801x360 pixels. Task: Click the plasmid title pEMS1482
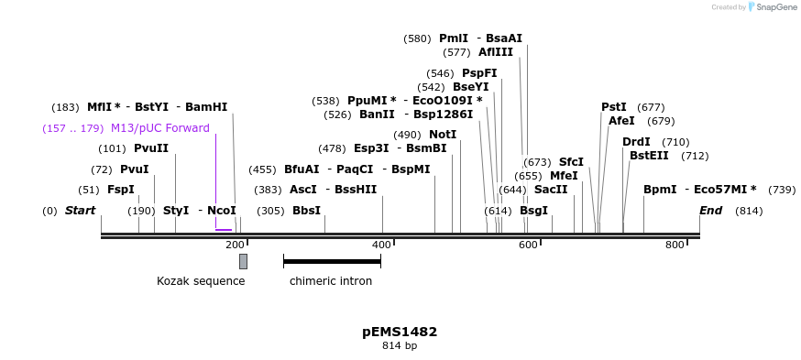tap(400, 332)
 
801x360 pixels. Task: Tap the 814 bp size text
tap(400, 346)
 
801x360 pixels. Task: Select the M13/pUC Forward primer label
tap(159, 128)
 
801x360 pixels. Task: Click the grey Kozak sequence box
tap(243, 261)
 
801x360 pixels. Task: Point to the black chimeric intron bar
tap(332, 262)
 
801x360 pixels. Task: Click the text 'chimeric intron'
tap(331, 281)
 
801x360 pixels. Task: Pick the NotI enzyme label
tap(443, 135)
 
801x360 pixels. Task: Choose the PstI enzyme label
tap(614, 107)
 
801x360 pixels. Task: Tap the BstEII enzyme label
tap(649, 156)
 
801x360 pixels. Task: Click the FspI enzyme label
tap(121, 190)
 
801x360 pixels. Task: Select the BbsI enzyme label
tap(307, 211)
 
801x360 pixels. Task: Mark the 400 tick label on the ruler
tap(381, 245)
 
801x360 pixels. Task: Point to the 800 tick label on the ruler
tap(675, 245)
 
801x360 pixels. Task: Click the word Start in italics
tap(80, 211)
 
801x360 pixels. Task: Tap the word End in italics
tap(710, 211)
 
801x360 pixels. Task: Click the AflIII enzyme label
tap(496, 52)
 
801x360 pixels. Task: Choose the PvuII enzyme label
tap(151, 148)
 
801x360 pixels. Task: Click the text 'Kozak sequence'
tap(201, 281)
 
